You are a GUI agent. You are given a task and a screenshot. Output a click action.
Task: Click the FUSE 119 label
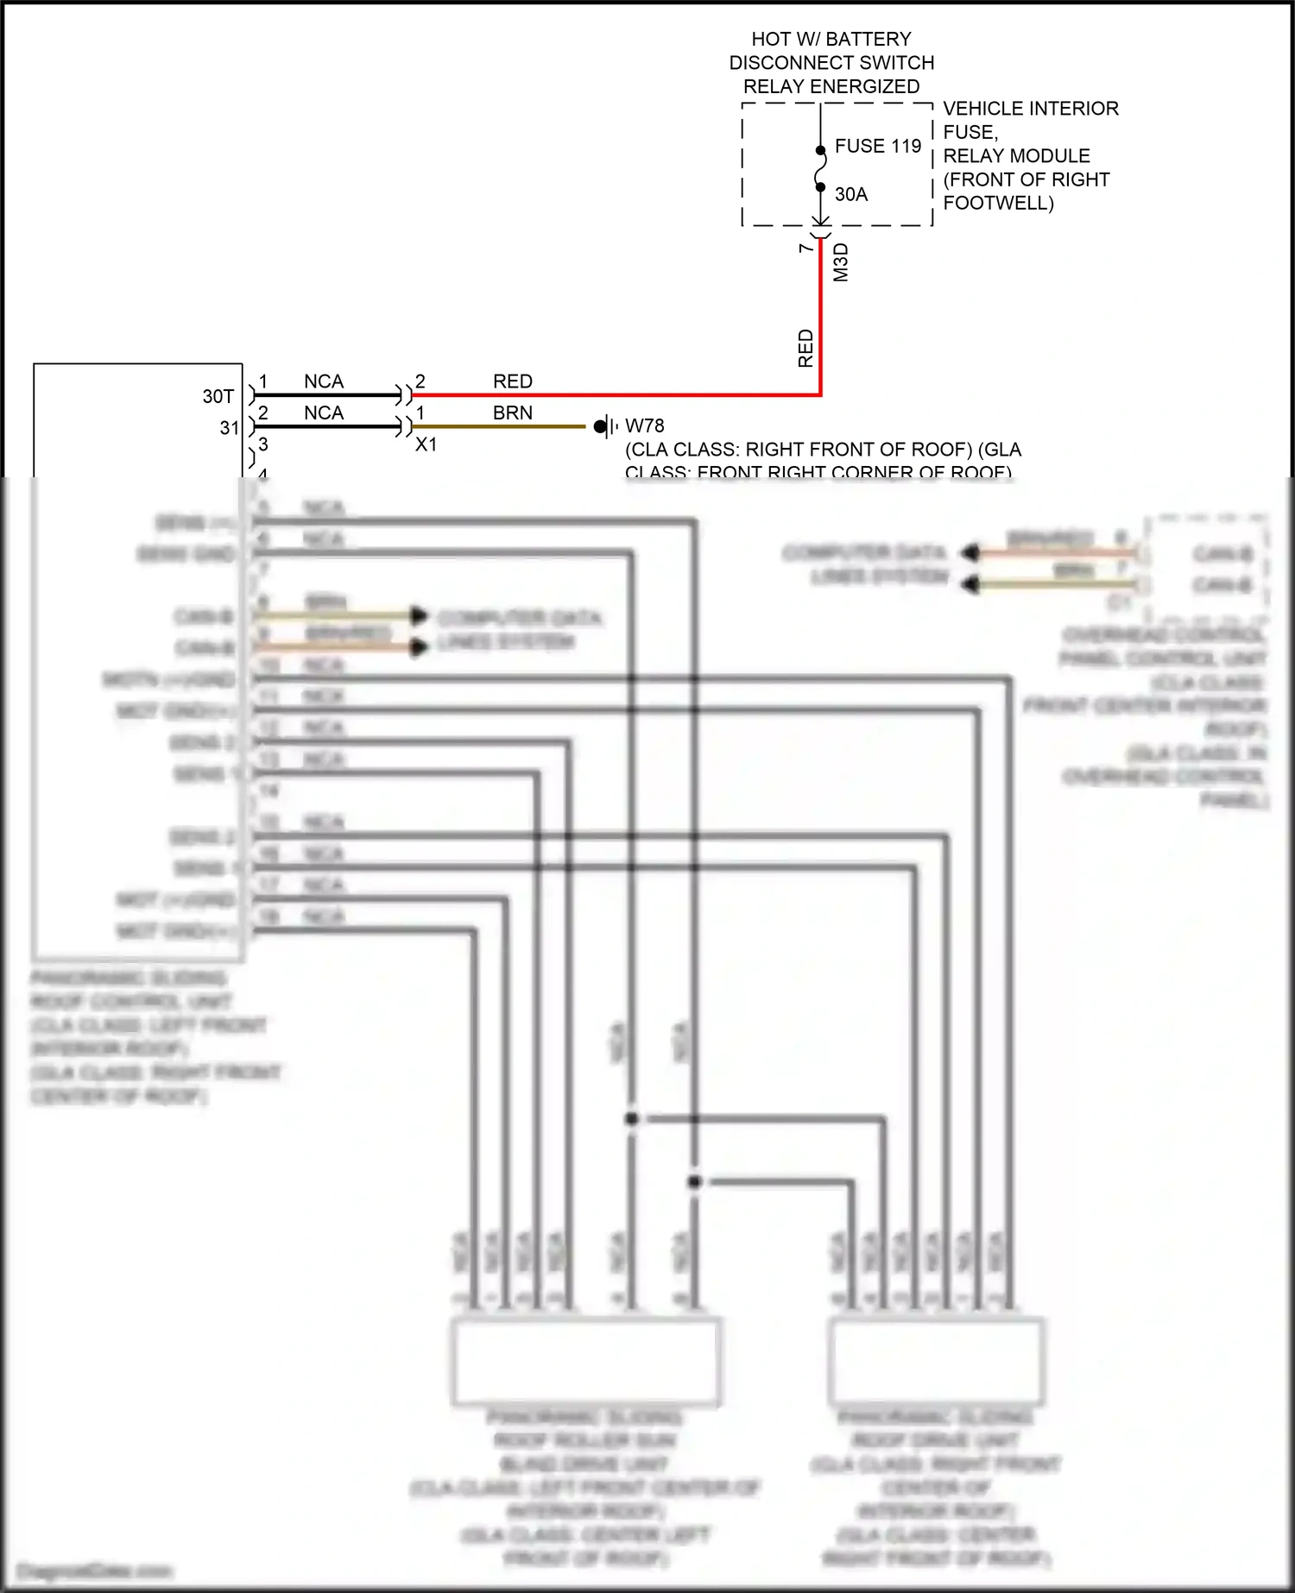pos(877,146)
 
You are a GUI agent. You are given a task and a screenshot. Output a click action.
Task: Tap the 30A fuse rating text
pos(850,194)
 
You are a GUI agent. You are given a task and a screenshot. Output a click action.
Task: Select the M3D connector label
pos(841,262)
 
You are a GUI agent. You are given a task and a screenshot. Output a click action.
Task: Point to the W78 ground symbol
pos(605,426)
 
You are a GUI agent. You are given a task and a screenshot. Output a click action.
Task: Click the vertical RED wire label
pos(805,348)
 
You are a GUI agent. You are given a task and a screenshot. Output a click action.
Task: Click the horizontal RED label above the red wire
pos(512,381)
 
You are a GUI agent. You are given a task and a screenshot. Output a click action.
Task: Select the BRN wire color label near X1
pos(512,413)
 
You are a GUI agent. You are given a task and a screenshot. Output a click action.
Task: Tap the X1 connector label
pos(426,444)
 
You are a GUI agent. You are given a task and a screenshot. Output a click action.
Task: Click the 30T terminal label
pos(218,396)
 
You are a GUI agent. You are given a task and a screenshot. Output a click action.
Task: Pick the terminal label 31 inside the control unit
pos(229,428)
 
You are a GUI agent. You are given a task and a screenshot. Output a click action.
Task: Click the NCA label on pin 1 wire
pos(324,381)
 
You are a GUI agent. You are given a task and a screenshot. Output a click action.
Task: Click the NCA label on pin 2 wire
pos(324,413)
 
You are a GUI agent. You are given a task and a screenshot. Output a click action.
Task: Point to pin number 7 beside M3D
pos(805,249)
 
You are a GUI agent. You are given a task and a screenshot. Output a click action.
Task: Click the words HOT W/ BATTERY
pos(831,39)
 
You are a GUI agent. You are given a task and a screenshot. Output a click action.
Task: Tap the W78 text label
pos(645,425)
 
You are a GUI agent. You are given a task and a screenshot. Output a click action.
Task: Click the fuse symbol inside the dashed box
pos(820,168)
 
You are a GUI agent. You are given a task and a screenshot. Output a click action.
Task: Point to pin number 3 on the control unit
pos(263,444)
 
